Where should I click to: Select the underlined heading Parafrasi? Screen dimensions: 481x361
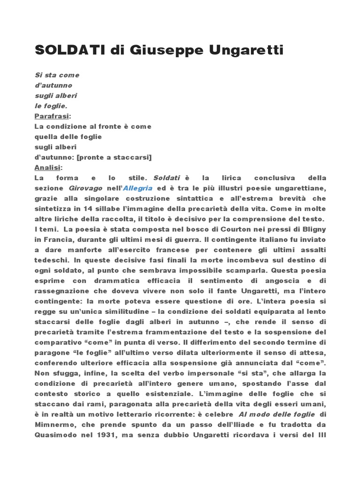(51, 116)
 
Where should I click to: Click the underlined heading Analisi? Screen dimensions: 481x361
(47, 167)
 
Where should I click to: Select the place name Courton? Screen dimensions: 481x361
(226, 229)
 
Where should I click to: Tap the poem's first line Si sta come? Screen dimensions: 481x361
(57, 75)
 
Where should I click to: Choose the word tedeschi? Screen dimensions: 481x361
(51, 260)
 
